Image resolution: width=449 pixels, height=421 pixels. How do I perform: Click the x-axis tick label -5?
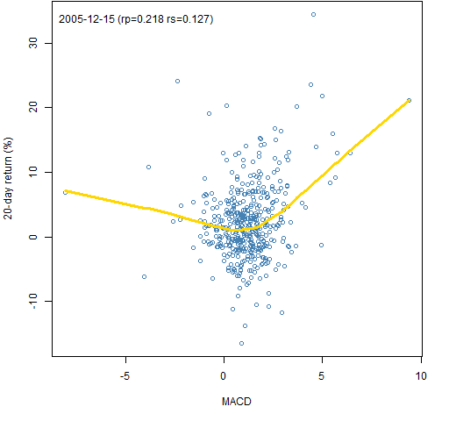coord(125,376)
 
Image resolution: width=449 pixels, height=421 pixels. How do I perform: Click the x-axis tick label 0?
coord(224,376)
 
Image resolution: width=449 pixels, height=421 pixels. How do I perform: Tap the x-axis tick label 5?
coord(322,376)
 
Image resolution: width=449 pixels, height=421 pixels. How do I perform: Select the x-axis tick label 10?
coord(421,376)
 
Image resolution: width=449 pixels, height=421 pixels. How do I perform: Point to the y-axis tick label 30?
coord(33,43)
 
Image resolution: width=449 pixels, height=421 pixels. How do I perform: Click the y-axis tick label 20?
coord(33,108)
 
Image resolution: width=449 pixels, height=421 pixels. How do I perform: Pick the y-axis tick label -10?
coord(33,301)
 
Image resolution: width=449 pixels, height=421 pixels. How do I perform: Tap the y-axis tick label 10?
coord(33,172)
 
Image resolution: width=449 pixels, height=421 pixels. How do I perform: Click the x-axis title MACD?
coord(237,402)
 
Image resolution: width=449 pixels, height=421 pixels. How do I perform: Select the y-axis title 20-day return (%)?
coord(8,178)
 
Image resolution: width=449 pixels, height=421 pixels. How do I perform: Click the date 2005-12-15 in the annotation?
coord(87,19)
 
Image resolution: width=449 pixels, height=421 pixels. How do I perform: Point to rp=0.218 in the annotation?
coord(140,19)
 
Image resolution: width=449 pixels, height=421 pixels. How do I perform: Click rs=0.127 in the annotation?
coord(190,19)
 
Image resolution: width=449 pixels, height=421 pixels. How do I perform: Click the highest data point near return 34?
coord(313,14)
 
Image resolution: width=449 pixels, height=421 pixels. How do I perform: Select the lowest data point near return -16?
coord(241,343)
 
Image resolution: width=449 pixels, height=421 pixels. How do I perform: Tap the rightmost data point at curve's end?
coord(409,100)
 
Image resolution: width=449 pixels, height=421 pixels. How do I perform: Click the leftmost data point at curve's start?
coord(65,192)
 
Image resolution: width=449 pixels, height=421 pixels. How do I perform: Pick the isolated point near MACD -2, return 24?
coord(177,81)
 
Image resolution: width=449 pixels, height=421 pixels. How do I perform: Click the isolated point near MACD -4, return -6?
coord(144,276)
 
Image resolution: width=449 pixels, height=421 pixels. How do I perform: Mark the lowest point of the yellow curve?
coord(239,231)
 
